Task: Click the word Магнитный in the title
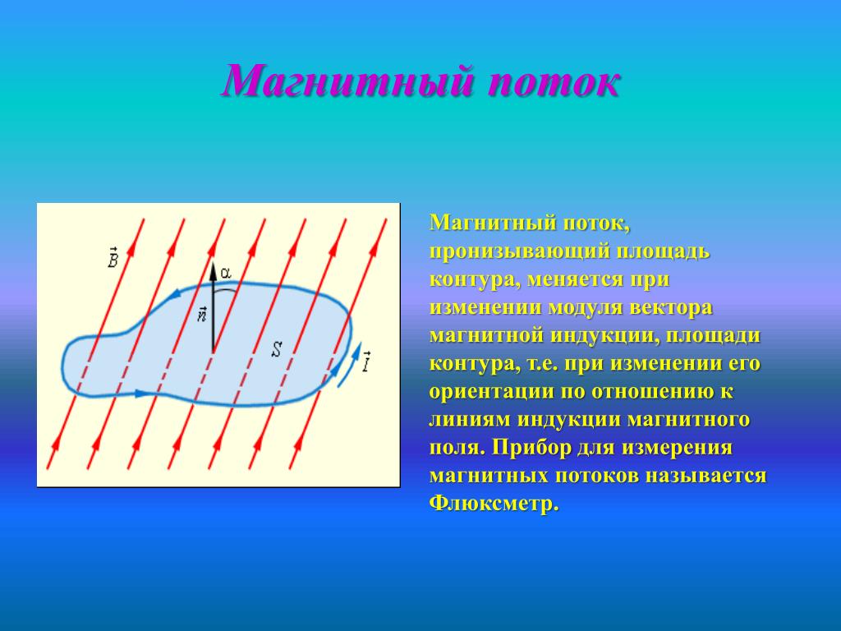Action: coord(348,81)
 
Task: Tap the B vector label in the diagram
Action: coord(113,257)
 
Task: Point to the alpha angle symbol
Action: coord(226,273)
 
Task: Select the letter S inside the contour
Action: coord(276,349)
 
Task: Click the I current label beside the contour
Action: coord(366,362)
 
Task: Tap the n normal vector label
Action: coord(202,314)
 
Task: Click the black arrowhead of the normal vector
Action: coord(213,271)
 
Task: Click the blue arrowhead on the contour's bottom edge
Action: coord(140,394)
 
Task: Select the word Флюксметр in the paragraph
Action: coord(493,503)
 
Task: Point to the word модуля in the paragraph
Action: coord(585,308)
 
